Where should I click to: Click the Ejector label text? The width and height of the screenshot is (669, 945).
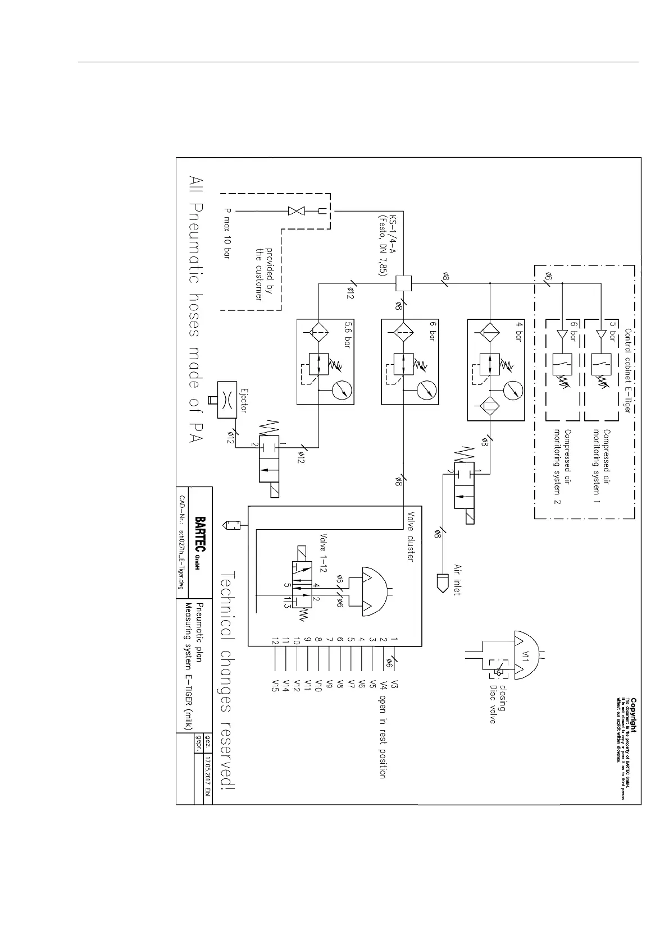243,400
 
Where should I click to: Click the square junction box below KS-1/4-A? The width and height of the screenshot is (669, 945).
404,283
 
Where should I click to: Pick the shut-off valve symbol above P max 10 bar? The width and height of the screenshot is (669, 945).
295,211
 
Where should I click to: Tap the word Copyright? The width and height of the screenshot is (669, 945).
633,714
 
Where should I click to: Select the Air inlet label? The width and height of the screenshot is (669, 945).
457,580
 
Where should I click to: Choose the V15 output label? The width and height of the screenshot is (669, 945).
275,686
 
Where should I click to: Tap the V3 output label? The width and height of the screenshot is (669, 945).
395,685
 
